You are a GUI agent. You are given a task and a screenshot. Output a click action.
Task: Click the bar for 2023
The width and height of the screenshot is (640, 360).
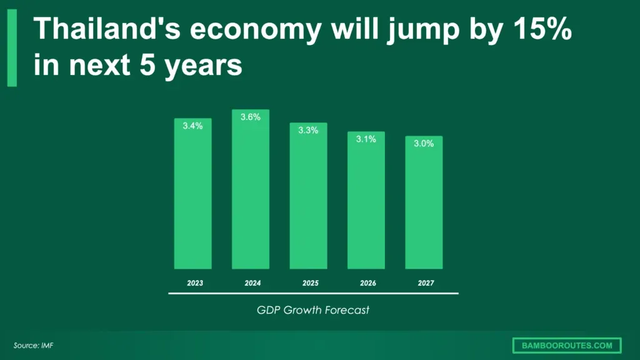tap(192, 194)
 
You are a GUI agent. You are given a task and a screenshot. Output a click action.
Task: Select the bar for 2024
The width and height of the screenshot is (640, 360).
tap(250, 189)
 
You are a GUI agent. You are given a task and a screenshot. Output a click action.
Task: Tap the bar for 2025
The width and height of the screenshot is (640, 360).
tap(308, 196)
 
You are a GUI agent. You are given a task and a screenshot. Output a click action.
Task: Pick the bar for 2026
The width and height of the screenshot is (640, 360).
tap(366, 200)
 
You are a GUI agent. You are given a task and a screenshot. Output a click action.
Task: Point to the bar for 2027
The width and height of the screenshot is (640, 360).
tap(424, 202)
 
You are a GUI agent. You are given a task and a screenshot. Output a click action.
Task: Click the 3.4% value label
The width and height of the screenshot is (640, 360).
tap(192, 126)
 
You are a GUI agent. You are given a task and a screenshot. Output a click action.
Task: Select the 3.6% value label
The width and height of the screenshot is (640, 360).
tap(250, 117)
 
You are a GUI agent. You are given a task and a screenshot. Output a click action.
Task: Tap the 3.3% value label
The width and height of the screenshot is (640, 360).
tap(308, 130)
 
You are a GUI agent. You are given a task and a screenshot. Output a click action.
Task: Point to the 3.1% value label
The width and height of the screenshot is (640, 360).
tap(366, 139)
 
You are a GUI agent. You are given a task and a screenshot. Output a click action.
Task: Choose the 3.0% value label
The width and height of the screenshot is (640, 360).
tap(424, 143)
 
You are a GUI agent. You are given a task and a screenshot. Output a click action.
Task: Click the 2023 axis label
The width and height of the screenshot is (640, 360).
tap(195, 283)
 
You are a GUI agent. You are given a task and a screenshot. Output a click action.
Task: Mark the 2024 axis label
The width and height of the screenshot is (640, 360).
tap(252, 283)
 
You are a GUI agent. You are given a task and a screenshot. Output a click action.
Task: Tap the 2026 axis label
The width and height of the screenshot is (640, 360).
tap(368, 283)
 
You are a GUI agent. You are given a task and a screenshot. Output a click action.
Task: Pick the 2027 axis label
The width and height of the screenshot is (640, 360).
tap(426, 283)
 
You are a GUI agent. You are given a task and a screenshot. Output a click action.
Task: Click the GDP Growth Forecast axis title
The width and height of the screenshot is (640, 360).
tap(313, 309)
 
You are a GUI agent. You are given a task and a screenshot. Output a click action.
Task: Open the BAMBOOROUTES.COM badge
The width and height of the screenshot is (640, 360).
tap(566, 345)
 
